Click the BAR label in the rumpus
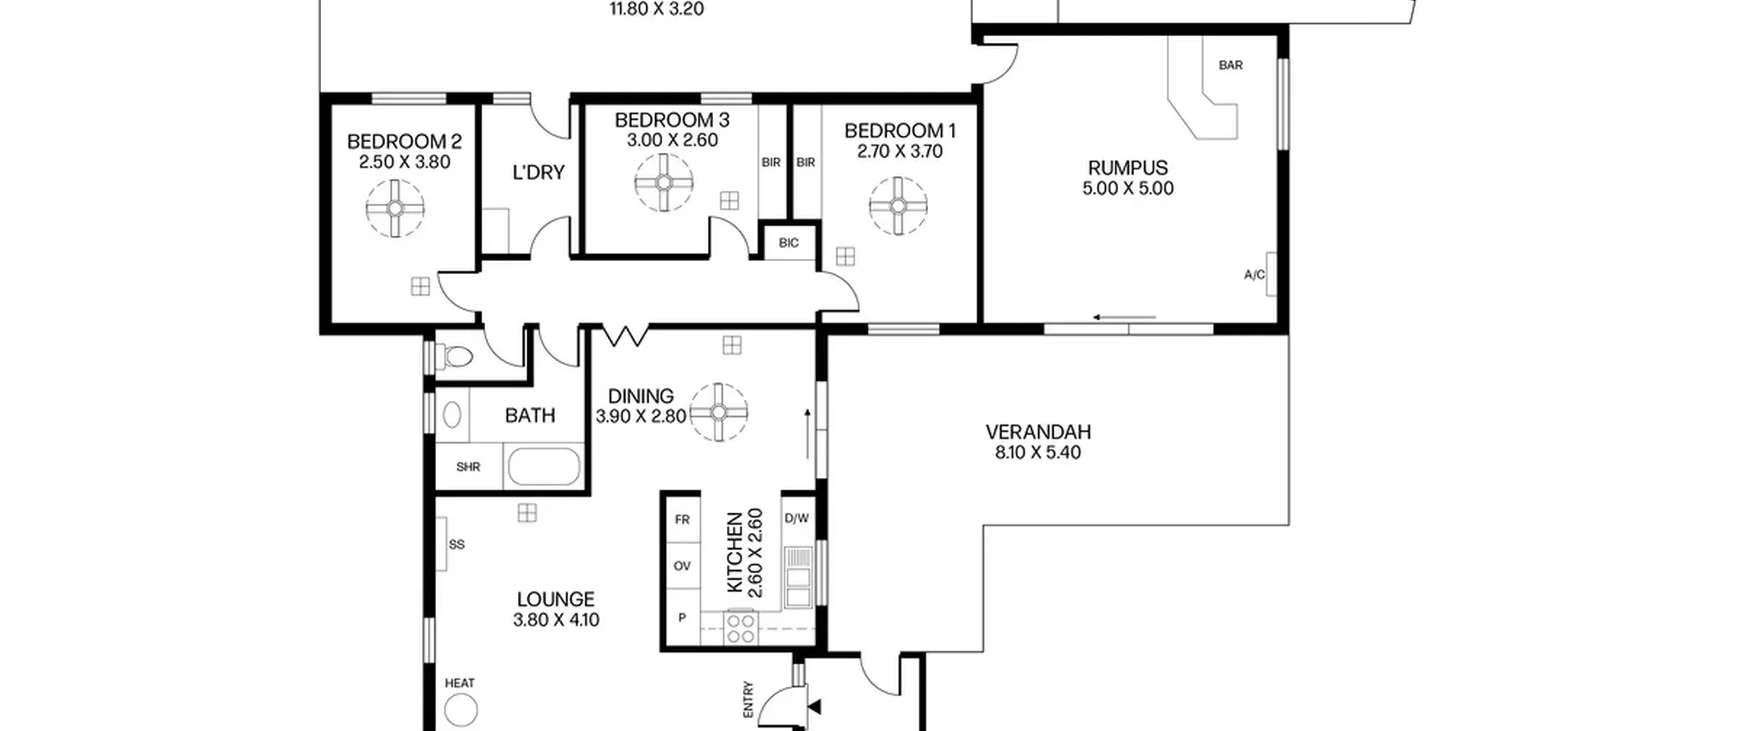(1230, 65)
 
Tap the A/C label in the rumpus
(1254, 275)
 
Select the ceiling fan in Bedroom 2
(395, 208)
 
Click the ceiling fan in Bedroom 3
(663, 182)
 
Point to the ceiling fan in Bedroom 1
(898, 206)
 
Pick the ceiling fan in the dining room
(719, 412)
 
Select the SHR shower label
(468, 467)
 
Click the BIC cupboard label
(789, 243)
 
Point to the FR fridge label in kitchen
(682, 520)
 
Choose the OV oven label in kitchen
(682, 566)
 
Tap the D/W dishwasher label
(797, 518)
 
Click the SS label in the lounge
(457, 545)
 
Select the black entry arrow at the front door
(813, 707)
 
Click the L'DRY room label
(538, 173)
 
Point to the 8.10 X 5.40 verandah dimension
(1038, 453)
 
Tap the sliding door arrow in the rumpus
(1124, 318)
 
